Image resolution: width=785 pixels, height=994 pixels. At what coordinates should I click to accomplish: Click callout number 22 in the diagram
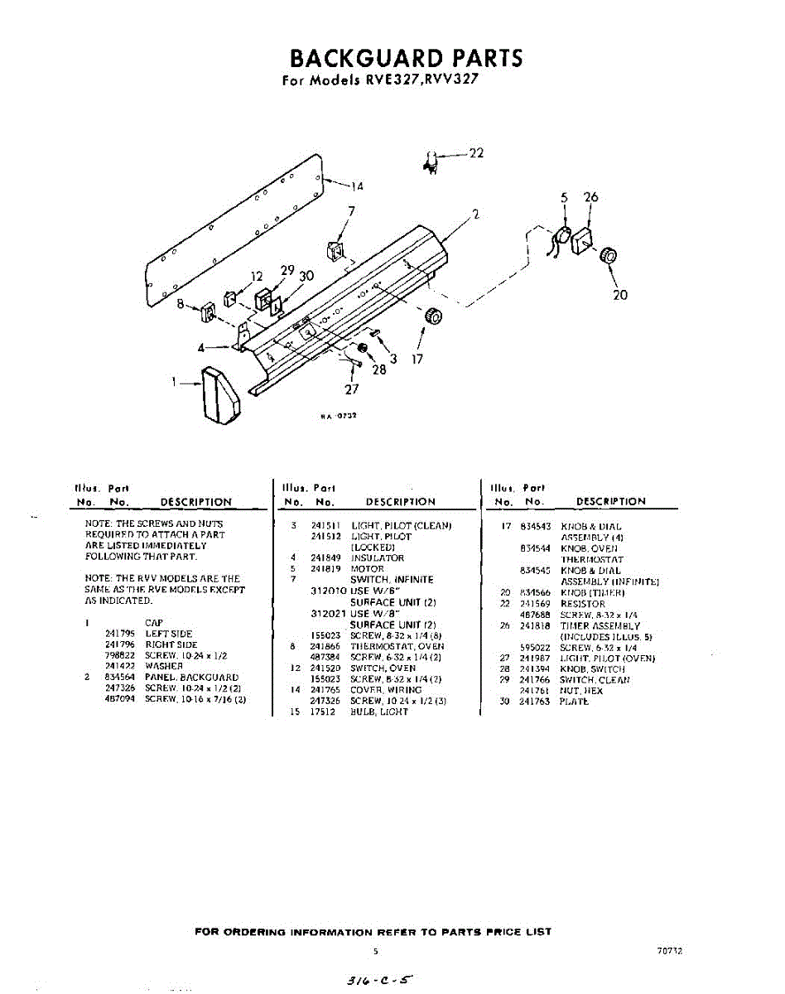point(476,153)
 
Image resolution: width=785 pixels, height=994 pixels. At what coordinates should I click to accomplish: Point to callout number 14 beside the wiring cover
point(357,186)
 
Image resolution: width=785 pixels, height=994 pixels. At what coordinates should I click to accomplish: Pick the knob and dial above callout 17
point(431,316)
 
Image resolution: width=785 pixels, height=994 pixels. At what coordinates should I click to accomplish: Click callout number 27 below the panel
point(351,389)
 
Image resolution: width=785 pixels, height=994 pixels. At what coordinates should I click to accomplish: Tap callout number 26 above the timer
point(590,198)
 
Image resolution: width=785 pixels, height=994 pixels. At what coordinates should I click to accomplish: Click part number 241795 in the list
point(119,634)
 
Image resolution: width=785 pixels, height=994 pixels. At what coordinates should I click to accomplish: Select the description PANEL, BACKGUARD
point(191,678)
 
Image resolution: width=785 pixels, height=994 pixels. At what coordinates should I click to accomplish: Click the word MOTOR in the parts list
point(368,569)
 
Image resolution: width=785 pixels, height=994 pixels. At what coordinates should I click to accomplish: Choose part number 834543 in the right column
point(536,527)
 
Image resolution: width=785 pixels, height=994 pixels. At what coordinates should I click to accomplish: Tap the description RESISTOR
point(583,604)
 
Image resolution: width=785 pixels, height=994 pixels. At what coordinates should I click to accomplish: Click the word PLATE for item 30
point(575,702)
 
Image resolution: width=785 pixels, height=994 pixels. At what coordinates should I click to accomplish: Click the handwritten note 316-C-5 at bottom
point(377,979)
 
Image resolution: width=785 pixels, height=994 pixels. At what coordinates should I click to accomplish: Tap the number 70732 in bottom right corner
point(669,953)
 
